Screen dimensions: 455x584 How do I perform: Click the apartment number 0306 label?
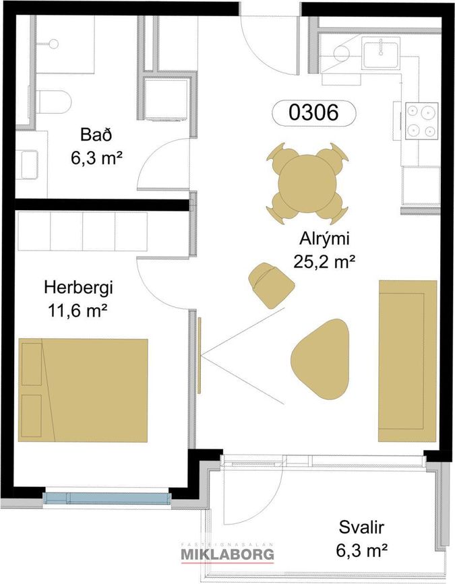point(313,112)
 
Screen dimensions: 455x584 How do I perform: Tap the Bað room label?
point(96,135)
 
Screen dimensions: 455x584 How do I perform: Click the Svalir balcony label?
point(361,527)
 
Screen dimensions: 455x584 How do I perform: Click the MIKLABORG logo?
point(227,554)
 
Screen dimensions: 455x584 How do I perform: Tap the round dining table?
point(308,185)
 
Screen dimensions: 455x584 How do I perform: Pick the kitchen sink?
point(381,55)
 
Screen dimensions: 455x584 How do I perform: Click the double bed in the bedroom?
point(83,390)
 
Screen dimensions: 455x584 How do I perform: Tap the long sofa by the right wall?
point(408,361)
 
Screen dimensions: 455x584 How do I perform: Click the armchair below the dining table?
point(272,285)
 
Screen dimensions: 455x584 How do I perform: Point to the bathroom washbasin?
point(30,164)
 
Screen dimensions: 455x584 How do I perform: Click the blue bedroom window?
point(107,498)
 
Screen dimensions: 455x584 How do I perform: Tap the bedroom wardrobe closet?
point(83,231)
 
